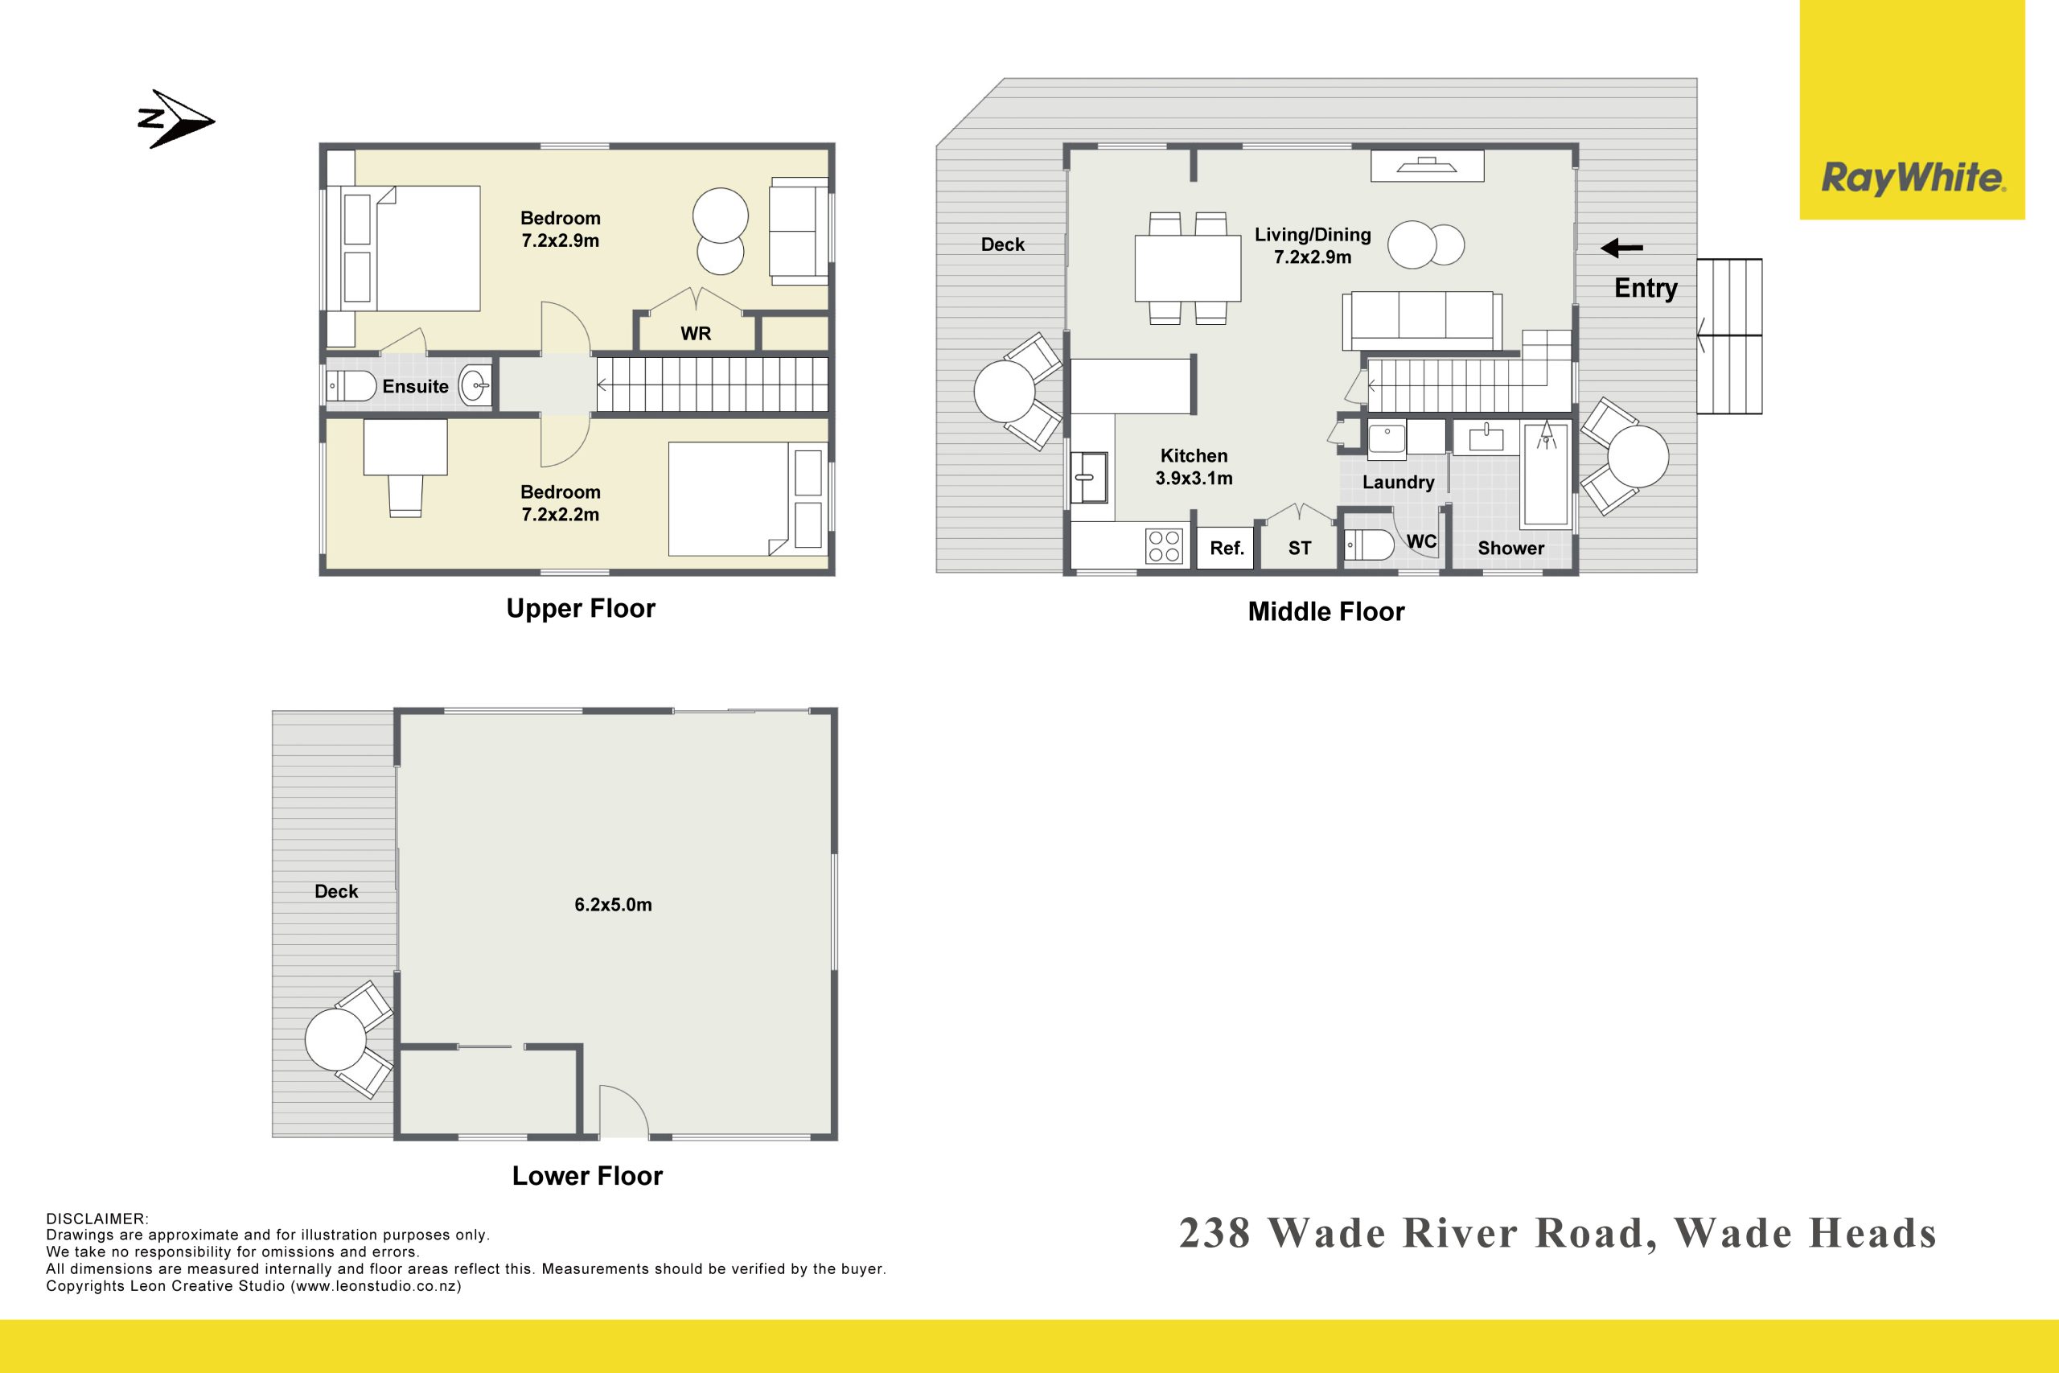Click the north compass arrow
(178, 119)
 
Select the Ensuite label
(415, 386)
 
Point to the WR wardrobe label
(696, 334)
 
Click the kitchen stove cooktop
(1165, 545)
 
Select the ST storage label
(1299, 548)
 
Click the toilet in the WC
(1367, 545)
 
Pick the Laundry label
(1398, 483)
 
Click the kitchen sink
(1089, 477)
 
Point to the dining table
(1188, 268)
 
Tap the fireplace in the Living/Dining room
(1427, 166)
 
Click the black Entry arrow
(1621, 249)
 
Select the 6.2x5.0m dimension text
(613, 905)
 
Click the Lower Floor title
(587, 1175)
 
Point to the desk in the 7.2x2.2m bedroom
(405, 447)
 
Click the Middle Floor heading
(1326, 611)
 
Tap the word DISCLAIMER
(97, 1219)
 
